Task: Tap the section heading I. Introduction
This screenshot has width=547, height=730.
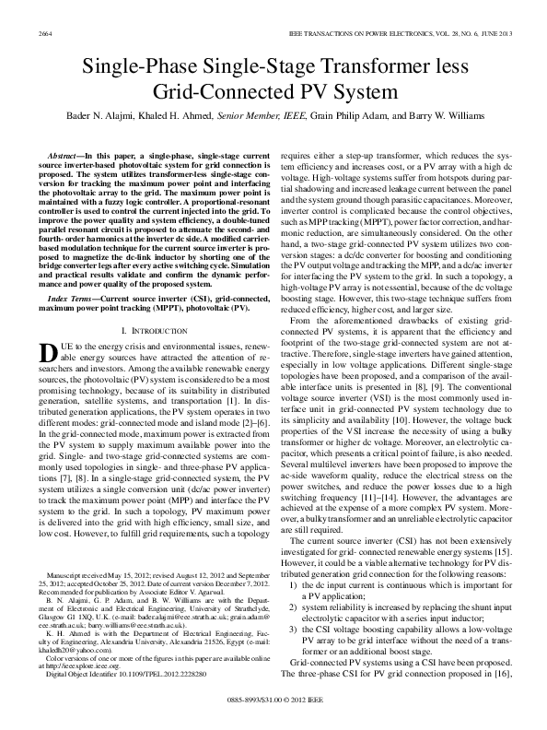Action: tap(149, 355)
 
